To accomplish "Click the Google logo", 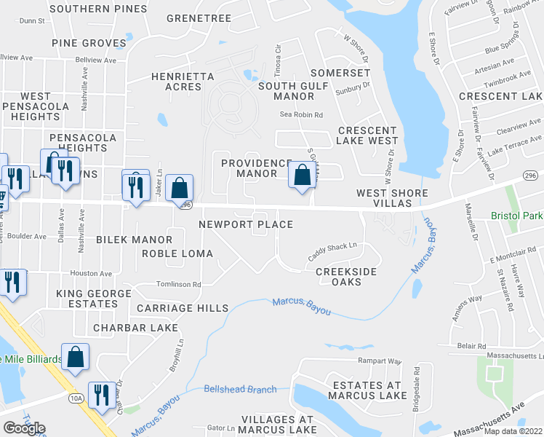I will click(24, 428).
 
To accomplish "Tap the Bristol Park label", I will click(517, 216).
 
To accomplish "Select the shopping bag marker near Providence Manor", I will click(302, 176).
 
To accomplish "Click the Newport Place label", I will click(246, 224).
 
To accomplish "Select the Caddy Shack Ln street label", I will click(333, 251).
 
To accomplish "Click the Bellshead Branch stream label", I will click(240, 389).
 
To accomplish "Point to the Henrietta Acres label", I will click(183, 82).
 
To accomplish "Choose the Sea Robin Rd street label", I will click(301, 114).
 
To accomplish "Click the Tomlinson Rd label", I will click(178, 284).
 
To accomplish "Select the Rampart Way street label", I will click(379, 361).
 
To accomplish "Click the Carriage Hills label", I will click(182, 308).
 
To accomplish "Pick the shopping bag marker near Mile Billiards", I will click(75, 358).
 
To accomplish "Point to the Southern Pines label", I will click(97, 9).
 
